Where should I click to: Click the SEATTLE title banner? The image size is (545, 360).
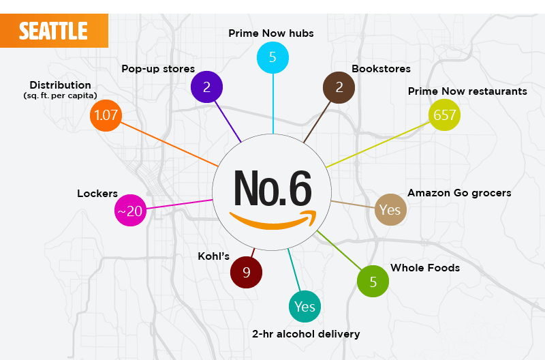[x=53, y=31]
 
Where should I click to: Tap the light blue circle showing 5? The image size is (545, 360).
[x=272, y=57]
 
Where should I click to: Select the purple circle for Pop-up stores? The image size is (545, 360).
[x=206, y=87]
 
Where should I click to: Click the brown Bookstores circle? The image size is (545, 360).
[x=339, y=87]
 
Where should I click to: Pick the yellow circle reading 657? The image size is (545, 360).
[x=444, y=115]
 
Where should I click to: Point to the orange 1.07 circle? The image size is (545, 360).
[x=106, y=115]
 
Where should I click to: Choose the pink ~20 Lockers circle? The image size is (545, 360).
[x=129, y=211]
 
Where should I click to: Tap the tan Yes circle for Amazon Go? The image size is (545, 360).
[x=390, y=210]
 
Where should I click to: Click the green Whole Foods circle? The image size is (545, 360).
[x=373, y=282]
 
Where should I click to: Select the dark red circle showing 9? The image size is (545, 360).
[x=247, y=273]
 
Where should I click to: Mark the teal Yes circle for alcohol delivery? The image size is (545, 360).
[x=305, y=307]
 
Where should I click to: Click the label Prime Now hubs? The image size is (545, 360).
[x=271, y=33]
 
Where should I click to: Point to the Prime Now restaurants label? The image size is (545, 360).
[x=467, y=91]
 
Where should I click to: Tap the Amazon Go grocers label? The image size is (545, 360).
[x=459, y=193]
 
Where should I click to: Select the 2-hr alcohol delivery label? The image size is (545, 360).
[x=306, y=334]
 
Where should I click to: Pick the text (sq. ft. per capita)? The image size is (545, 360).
[x=60, y=95]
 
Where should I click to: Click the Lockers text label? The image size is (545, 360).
[x=97, y=194]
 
